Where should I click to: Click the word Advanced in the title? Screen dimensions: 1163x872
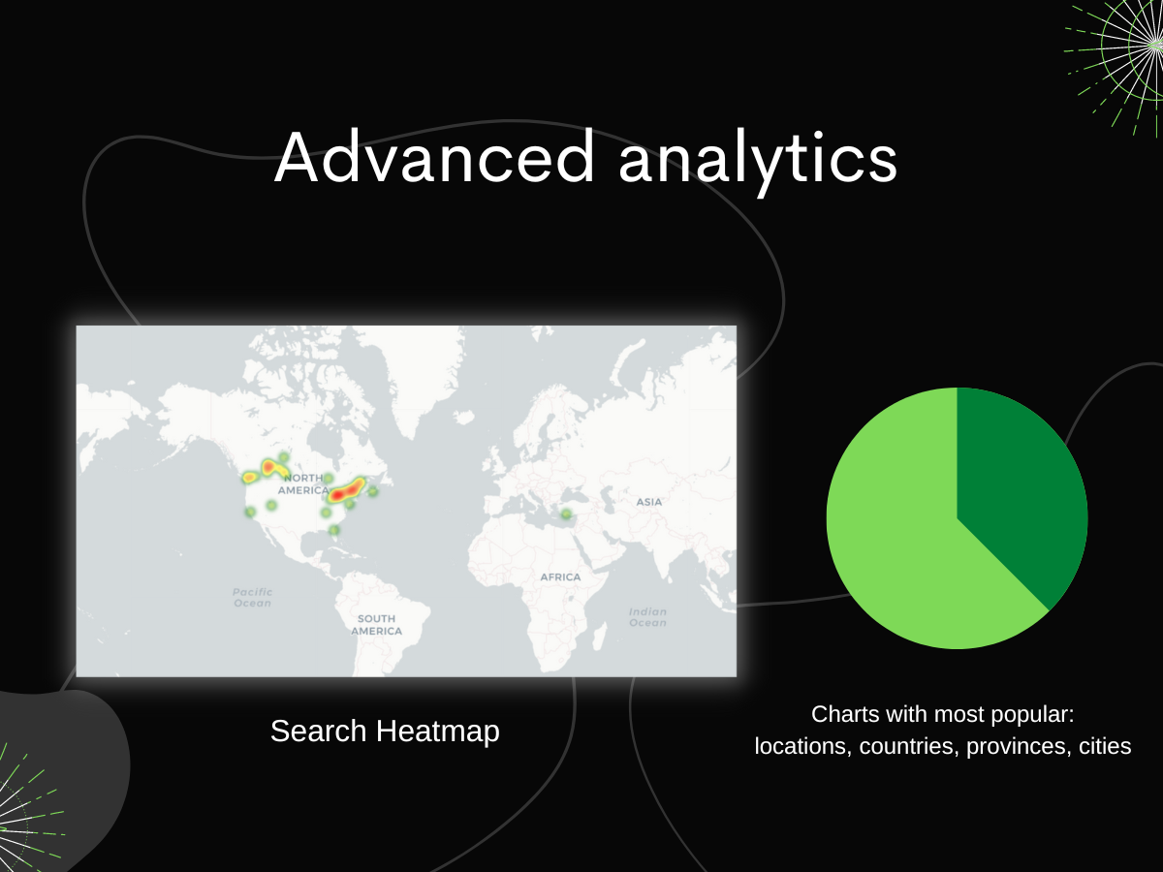434,157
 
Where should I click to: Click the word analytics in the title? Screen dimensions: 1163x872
758,161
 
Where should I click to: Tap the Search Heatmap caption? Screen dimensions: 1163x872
385,732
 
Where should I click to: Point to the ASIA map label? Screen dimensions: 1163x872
649,502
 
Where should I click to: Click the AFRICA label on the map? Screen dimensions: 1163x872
560,577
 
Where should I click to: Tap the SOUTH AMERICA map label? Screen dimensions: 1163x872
376,625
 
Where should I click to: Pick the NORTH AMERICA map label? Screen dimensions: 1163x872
303,484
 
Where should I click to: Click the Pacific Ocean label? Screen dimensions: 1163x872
253,597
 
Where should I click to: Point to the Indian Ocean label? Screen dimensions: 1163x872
648,617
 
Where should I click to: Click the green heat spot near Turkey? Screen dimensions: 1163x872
566,514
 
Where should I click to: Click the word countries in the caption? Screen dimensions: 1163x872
906,746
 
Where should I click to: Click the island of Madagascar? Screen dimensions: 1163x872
598,637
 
